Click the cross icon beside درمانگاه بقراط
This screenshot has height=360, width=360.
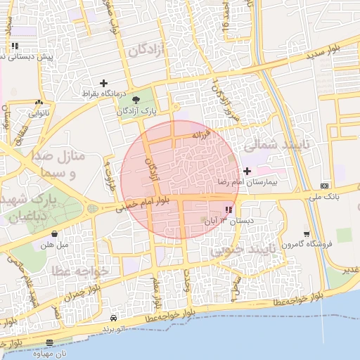tap(104, 83)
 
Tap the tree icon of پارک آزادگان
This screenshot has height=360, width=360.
tap(136, 100)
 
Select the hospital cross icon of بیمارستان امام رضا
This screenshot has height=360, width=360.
tap(246, 171)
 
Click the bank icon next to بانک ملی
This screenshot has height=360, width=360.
tap(324, 185)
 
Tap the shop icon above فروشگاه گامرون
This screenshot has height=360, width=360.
tap(306, 233)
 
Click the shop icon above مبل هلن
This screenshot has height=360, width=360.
tap(55, 233)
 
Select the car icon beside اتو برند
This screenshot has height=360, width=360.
tap(115, 318)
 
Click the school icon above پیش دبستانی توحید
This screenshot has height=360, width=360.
tap(15, 46)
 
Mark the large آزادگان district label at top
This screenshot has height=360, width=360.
tap(146, 49)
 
